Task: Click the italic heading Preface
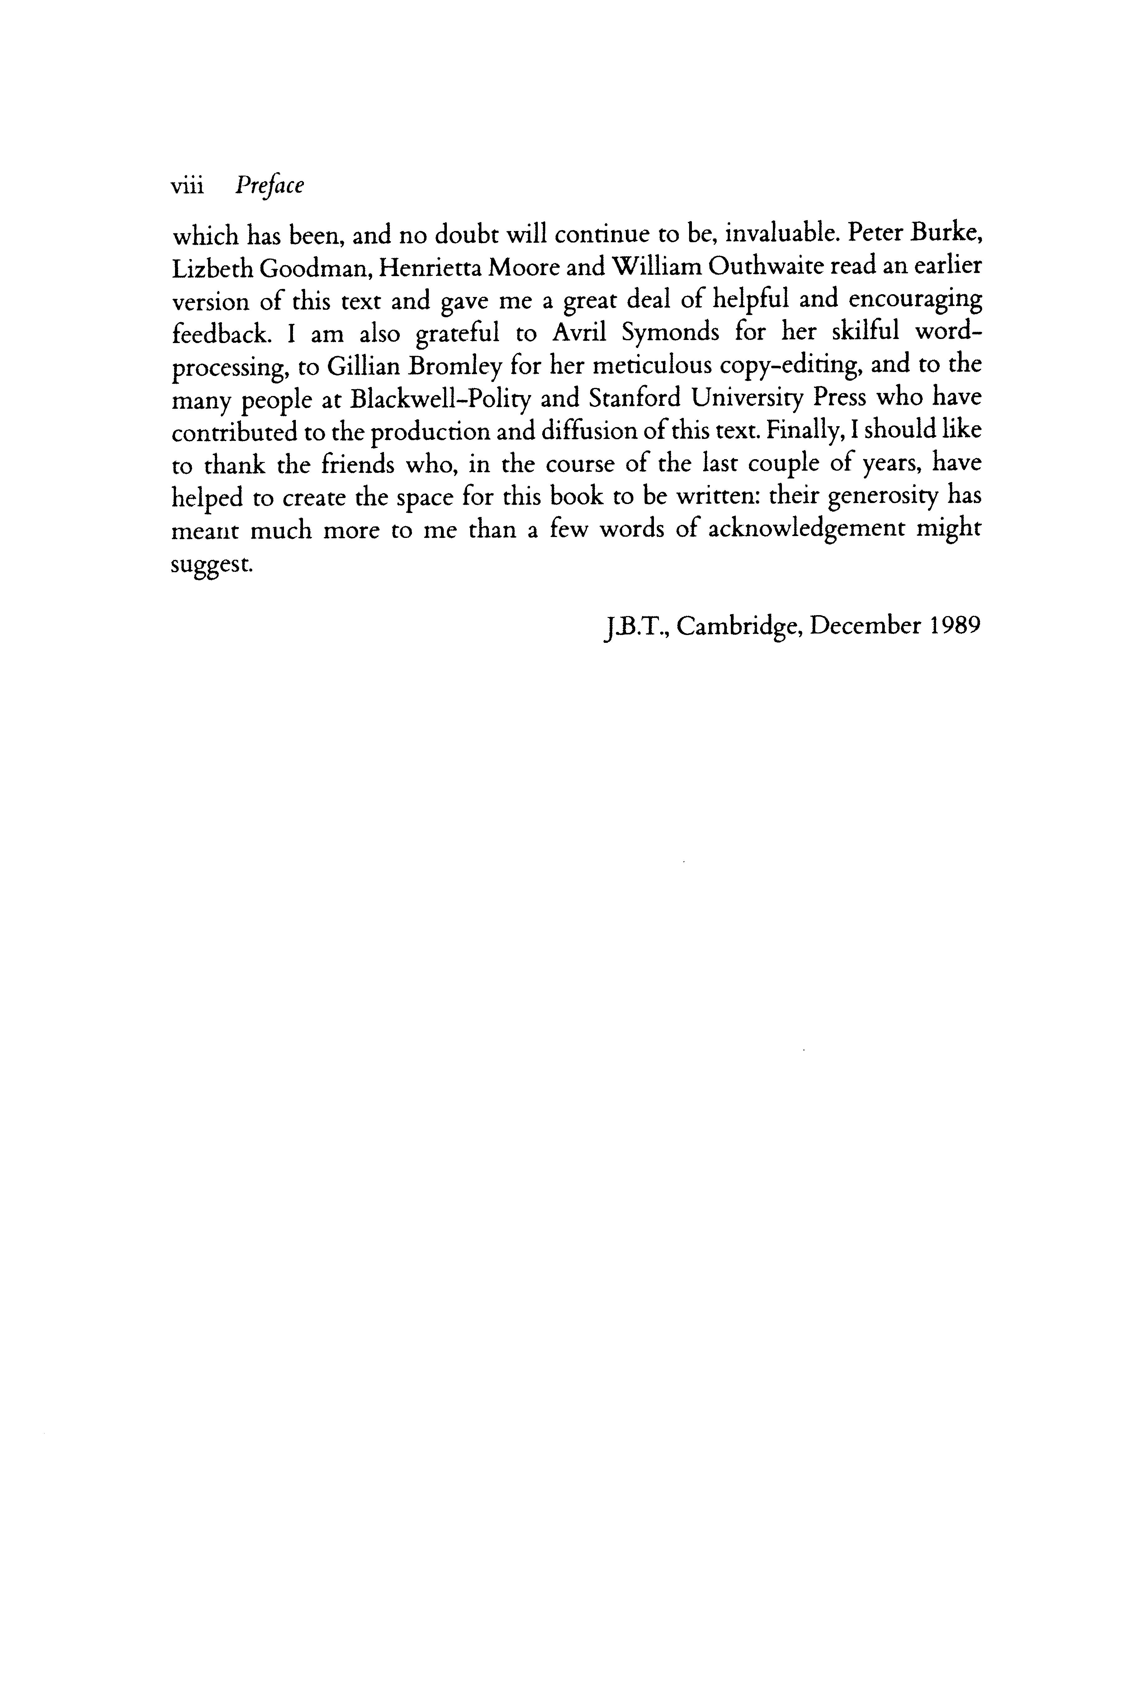point(269,186)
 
